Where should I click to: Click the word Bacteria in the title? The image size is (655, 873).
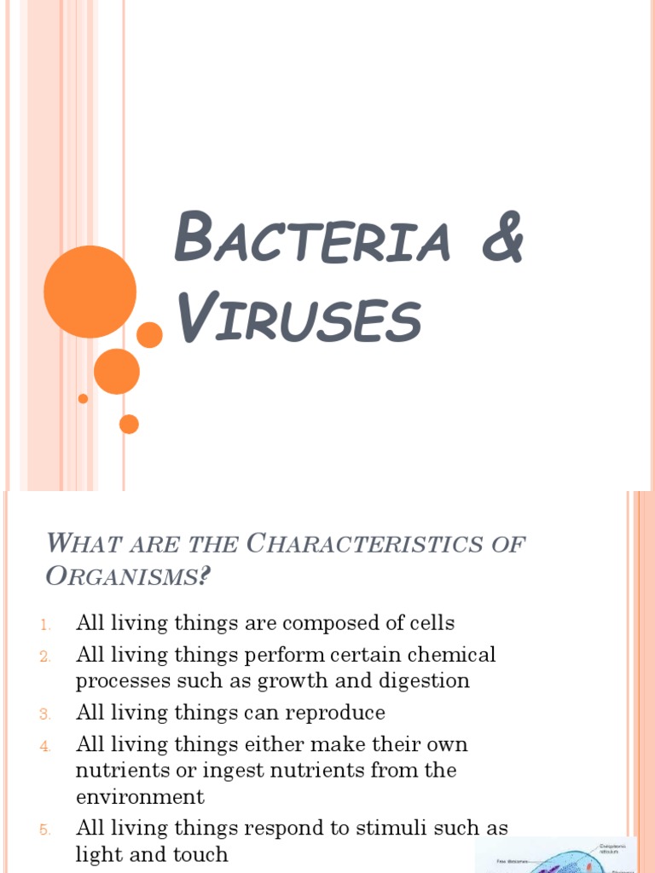[312, 240]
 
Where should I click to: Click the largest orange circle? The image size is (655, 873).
[90, 292]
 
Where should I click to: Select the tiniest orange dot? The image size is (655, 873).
[83, 398]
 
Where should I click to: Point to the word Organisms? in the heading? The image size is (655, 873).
[127, 576]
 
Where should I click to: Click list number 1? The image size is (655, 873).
[46, 625]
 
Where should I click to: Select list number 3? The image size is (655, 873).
[46, 714]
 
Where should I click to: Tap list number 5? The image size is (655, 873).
[46, 830]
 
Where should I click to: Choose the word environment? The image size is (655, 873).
[140, 797]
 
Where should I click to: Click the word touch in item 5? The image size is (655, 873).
[200, 854]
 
